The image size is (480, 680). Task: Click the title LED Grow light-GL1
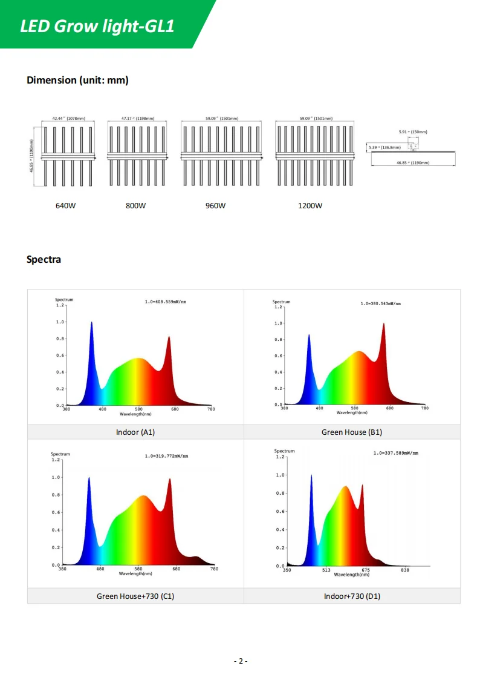(x=97, y=26)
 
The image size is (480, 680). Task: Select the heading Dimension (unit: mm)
(x=77, y=80)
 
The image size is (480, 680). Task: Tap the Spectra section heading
(x=44, y=259)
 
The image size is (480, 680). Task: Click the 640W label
(x=66, y=205)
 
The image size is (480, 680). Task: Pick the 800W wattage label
(x=135, y=205)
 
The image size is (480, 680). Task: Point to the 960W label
(x=215, y=205)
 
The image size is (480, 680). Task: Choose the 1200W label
(x=310, y=205)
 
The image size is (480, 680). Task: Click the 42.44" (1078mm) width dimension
(x=68, y=119)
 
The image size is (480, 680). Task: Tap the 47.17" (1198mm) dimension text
(x=138, y=119)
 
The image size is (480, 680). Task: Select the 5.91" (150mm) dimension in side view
(x=413, y=131)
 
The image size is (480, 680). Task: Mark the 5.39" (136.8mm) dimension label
(x=384, y=147)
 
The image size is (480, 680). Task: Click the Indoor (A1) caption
(x=135, y=432)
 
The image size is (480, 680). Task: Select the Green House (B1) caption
(x=352, y=432)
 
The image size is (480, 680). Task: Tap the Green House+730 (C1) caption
(x=135, y=596)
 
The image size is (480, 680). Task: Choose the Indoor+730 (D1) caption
(x=352, y=596)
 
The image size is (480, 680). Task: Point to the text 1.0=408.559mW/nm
(x=166, y=301)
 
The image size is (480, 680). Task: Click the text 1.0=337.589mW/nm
(x=396, y=453)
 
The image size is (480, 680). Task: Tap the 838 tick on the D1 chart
(x=405, y=570)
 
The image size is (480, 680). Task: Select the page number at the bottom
(x=240, y=661)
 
